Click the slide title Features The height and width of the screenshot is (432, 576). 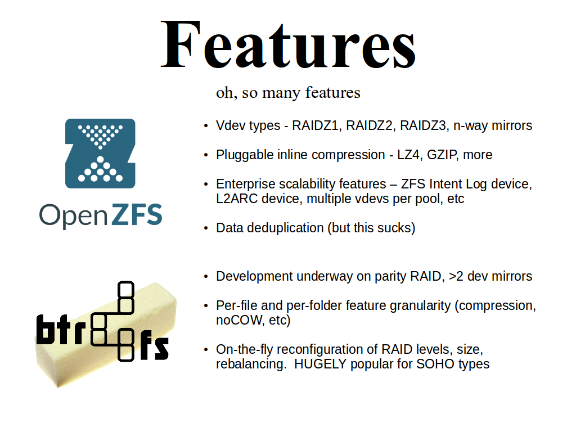click(x=289, y=45)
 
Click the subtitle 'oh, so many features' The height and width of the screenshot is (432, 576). click(x=288, y=93)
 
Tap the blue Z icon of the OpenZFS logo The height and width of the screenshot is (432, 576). click(x=100, y=153)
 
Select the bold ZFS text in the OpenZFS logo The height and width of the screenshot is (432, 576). click(x=136, y=214)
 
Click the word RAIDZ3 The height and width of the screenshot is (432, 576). click(x=423, y=125)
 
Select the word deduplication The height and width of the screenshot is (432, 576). click(x=285, y=228)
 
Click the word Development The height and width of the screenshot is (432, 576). click(x=254, y=276)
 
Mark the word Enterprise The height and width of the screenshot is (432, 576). click(x=246, y=184)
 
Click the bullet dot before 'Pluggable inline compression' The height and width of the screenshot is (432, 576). click(x=206, y=155)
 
